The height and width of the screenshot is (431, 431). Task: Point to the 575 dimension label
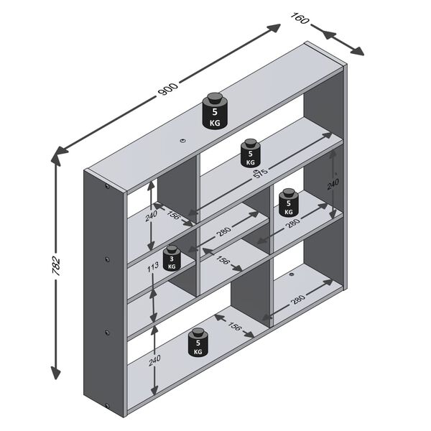coord(261,175)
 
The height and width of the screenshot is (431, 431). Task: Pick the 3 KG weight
coord(171,258)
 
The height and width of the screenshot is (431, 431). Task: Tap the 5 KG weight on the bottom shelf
coord(198,343)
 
